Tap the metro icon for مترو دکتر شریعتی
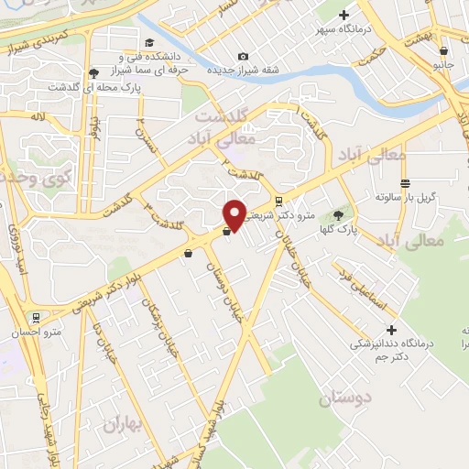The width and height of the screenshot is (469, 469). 280,202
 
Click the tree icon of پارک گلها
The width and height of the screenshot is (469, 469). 339,214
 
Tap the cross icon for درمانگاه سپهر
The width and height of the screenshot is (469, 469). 344,15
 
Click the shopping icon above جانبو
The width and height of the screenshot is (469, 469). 444,50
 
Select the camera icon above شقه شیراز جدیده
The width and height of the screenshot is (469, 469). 243,56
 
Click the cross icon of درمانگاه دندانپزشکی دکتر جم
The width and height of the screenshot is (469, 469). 392,330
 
